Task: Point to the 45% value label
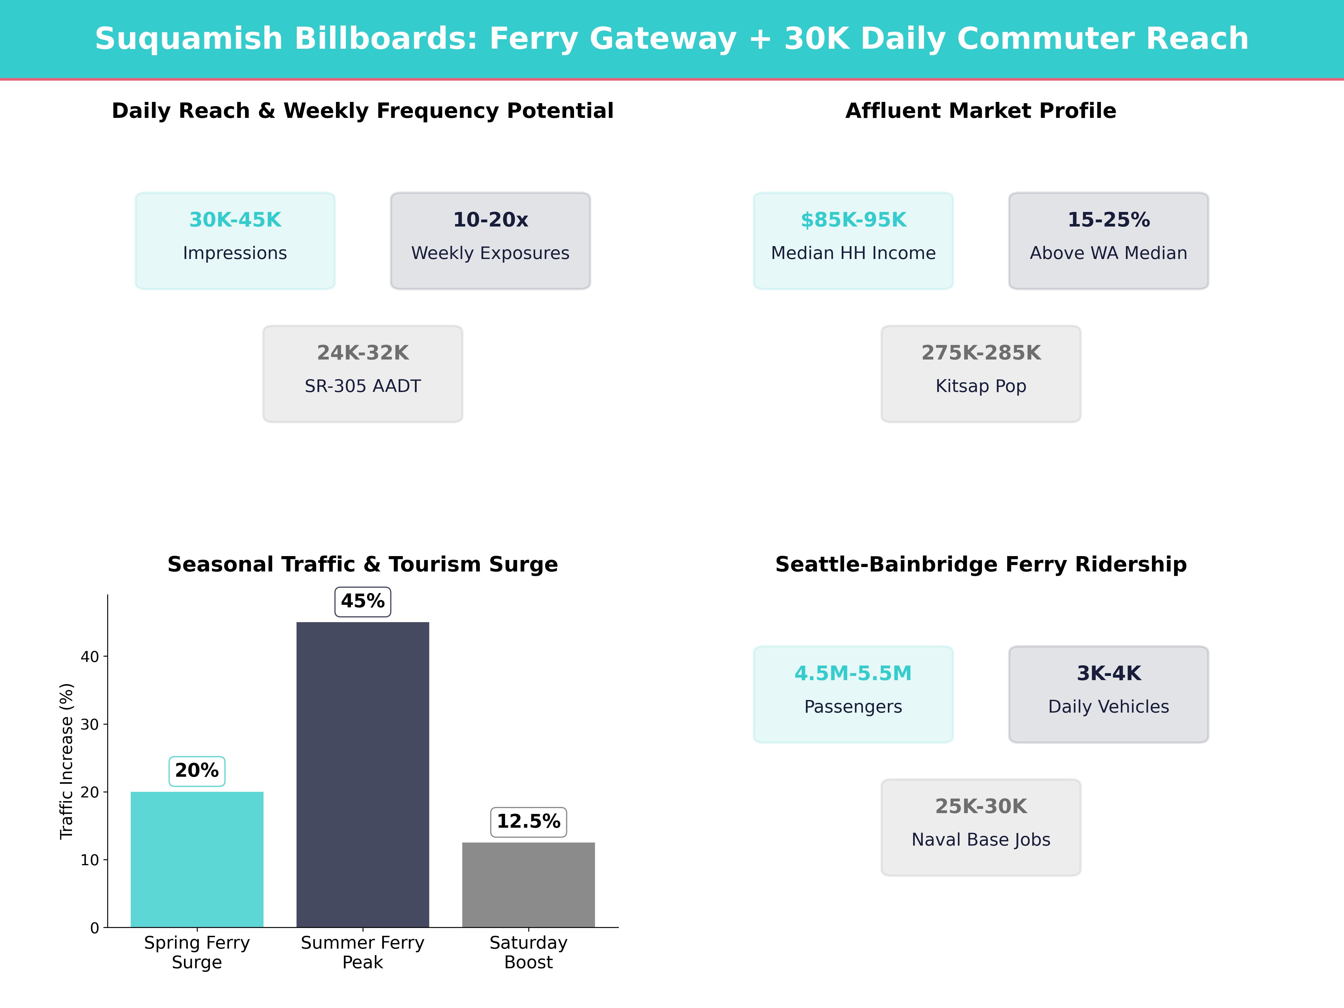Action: [363, 601]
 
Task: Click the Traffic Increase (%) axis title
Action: [66, 761]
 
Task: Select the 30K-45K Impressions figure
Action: [235, 220]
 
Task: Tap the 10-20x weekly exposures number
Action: [490, 220]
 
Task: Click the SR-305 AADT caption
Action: [363, 386]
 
